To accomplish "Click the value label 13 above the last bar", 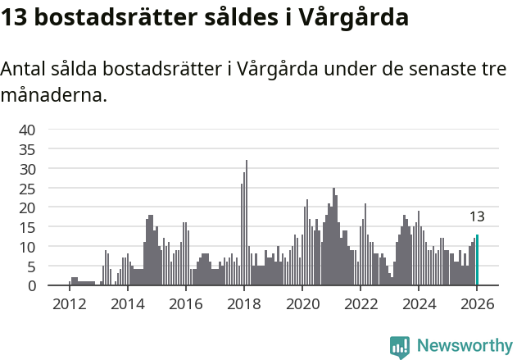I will tap(477, 217).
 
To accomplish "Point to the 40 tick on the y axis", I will tap(27, 130).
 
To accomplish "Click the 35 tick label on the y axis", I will tap(27, 149).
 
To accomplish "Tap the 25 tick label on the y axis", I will tap(27, 188).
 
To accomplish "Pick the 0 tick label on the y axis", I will tap(31, 285).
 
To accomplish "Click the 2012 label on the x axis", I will tap(69, 303).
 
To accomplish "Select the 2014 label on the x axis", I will tap(127, 303).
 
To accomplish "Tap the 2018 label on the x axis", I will tap(243, 303).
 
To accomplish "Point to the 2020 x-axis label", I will tap(302, 303).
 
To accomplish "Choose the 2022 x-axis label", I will tap(361, 303).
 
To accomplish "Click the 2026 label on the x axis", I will tap(477, 303).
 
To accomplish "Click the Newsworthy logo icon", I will tap(400, 346).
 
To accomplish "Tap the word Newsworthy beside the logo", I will tap(465, 346).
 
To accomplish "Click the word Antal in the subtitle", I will tap(23, 69).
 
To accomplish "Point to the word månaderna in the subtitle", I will tap(53, 95).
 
